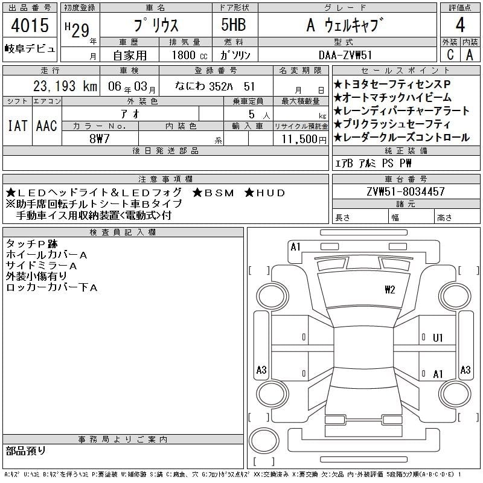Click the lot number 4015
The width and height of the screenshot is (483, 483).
coord(30,25)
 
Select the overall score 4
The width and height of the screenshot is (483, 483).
coord(460,25)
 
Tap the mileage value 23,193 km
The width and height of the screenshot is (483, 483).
coord(65,86)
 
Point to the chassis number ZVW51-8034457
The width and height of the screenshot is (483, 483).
coord(406,191)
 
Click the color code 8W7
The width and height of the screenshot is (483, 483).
coord(100,139)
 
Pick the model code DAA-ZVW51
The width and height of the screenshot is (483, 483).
coord(345,55)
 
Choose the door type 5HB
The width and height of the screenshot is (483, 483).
coord(234,25)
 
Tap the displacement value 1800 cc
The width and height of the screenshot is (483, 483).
coord(190,55)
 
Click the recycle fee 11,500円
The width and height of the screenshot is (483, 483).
coord(304,139)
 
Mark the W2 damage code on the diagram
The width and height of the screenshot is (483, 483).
coord(389,290)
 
